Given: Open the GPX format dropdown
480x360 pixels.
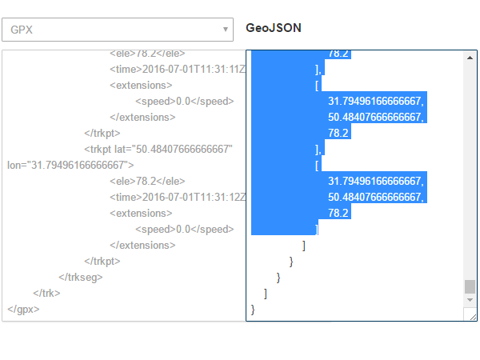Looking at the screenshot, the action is [x=117, y=30].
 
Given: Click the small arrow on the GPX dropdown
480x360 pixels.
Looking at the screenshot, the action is [x=225, y=30].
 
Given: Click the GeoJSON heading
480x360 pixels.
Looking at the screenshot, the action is [x=274, y=28].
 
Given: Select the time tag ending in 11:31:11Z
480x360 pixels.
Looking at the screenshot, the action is [x=178, y=70].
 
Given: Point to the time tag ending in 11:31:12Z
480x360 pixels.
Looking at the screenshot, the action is [x=178, y=198].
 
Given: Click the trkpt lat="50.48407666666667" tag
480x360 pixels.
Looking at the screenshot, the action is [x=158, y=150].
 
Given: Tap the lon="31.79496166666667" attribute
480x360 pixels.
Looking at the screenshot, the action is [x=70, y=166].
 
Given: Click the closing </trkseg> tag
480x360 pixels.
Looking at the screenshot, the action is [x=80, y=277].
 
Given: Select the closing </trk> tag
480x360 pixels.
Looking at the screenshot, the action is [x=46, y=293].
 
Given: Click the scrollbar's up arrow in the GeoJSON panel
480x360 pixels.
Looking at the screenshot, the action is [x=470, y=57].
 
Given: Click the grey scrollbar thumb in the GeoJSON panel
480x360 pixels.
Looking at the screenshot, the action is [x=470, y=286].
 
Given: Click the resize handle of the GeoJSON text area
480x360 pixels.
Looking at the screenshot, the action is [x=474, y=317].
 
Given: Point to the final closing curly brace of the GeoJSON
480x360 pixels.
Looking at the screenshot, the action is [x=254, y=309].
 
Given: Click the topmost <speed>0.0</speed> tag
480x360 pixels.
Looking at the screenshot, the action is [x=184, y=102].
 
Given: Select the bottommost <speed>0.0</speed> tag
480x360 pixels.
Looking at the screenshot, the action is [x=184, y=230].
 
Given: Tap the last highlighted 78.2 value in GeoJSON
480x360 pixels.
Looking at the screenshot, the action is [x=338, y=214].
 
